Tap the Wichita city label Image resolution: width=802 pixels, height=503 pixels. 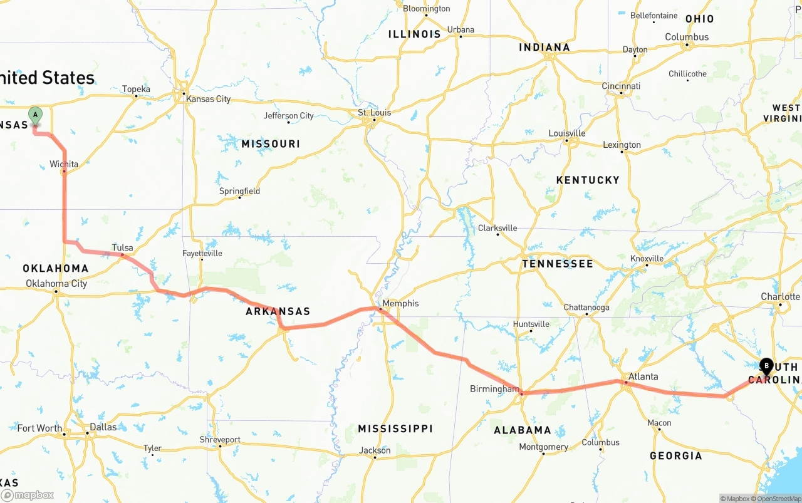coord(64,164)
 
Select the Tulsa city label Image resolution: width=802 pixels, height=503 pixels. coord(122,247)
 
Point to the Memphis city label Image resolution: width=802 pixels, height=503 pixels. coord(400,303)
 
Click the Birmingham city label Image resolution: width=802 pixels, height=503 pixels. coord(494,389)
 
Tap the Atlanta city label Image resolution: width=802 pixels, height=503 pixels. coord(643,376)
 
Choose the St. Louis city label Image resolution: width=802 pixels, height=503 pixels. coord(374,113)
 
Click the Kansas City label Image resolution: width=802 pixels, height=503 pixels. coord(208,99)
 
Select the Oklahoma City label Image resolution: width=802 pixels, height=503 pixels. coord(56,284)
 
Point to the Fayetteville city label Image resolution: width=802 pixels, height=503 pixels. coord(202,253)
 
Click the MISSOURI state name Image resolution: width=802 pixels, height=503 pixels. coord(271,144)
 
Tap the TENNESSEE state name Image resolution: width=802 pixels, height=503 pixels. coord(557,264)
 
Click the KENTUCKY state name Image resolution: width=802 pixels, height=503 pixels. coord(587,180)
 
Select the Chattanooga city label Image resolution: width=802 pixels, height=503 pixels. coord(586,308)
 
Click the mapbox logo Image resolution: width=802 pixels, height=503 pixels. coord(28,495)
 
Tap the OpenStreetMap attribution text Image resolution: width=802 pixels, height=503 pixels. coord(778,499)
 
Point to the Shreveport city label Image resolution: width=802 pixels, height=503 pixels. coord(220,440)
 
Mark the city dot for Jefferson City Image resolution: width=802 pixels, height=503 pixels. coord(289,122)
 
